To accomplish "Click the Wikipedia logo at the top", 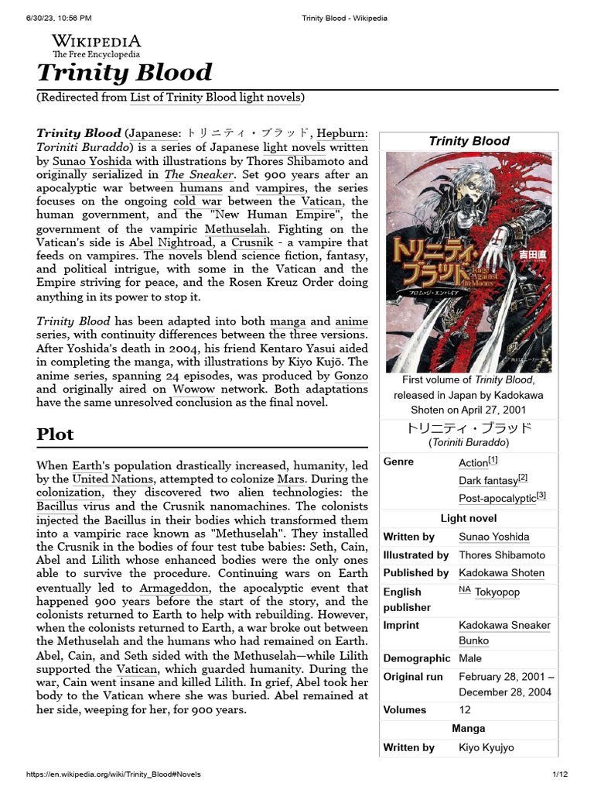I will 96,46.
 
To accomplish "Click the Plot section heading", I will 55,434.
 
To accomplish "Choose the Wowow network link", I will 193,389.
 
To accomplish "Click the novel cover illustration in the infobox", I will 469,262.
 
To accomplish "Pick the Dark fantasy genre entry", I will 489,480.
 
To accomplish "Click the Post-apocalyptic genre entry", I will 498,499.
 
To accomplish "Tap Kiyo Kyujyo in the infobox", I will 486,747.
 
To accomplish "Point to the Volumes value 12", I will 465,709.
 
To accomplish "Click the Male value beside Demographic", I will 471,658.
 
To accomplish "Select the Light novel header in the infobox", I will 469,518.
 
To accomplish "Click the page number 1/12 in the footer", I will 560,774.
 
